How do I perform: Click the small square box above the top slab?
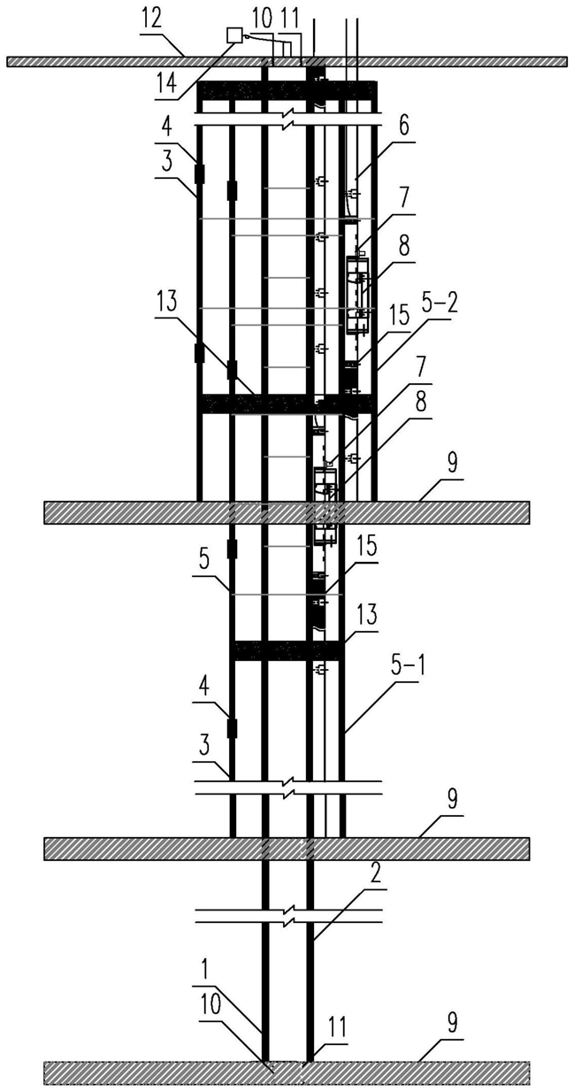point(235,35)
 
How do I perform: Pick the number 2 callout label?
point(374,877)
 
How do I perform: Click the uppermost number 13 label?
point(167,302)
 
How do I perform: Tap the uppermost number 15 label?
point(399,317)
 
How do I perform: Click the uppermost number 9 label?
point(452,464)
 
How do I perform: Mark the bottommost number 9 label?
point(452,1033)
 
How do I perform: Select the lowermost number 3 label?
point(204,746)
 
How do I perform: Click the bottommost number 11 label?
point(337,1026)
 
